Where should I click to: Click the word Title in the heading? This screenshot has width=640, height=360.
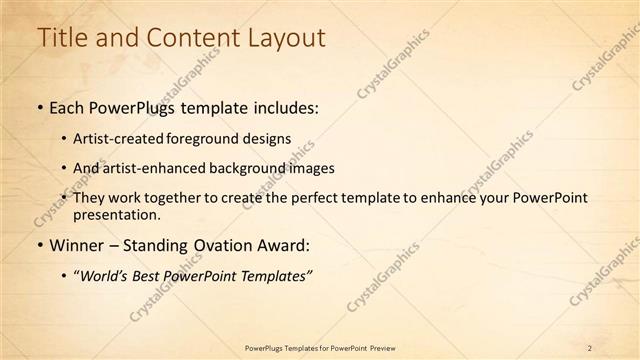(61, 37)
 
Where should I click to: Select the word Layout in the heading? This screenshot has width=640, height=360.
(286, 37)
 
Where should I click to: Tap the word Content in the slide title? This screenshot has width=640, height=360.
(187, 37)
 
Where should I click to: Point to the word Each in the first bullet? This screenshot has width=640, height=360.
(69, 107)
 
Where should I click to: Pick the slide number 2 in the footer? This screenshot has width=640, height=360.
(590, 347)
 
